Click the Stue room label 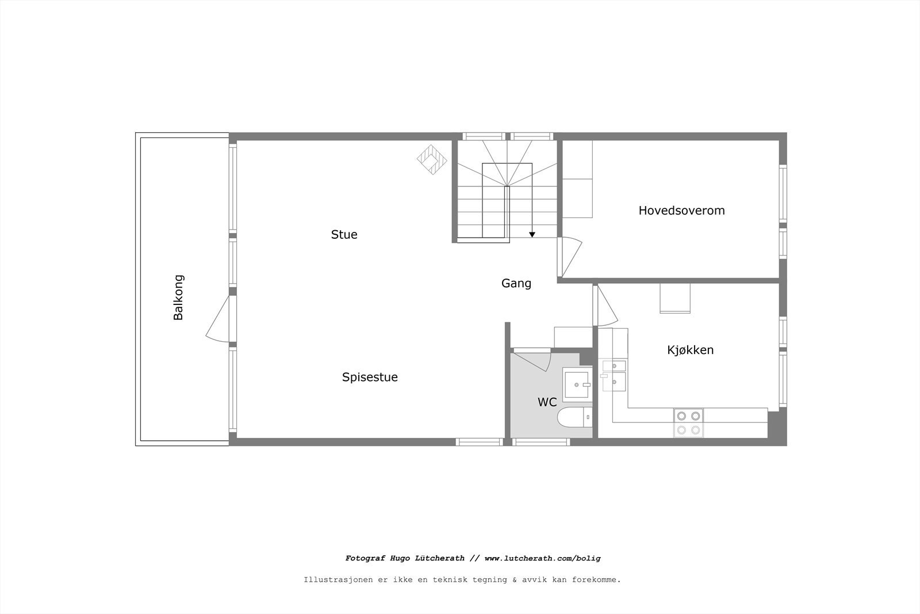(344, 234)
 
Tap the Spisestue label (370, 377)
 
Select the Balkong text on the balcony (178, 297)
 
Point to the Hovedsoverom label (681, 210)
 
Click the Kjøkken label (690, 350)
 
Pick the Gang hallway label (516, 283)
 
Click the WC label (547, 402)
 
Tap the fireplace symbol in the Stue (432, 159)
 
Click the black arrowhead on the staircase (532, 234)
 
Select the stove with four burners (688, 422)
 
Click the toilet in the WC (574, 417)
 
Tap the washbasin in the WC (577, 384)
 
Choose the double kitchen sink (614, 374)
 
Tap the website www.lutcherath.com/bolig (542, 558)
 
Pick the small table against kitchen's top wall (674, 298)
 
